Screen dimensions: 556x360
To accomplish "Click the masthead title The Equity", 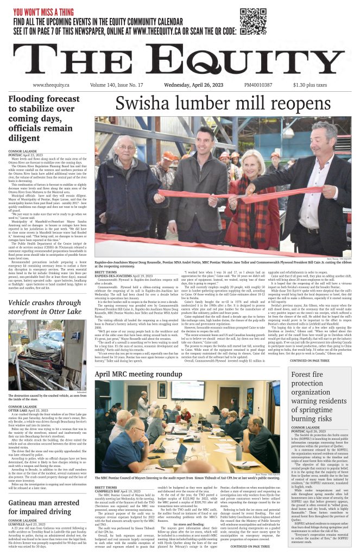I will (x=179, y=60).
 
